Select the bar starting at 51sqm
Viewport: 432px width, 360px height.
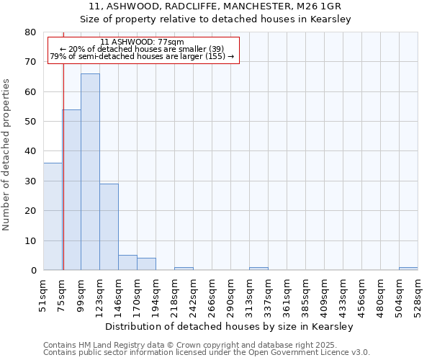(x=53, y=216)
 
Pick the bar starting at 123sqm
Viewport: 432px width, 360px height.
(x=109, y=227)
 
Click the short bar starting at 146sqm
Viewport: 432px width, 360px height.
(x=127, y=263)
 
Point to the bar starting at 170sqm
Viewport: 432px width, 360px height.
(x=146, y=264)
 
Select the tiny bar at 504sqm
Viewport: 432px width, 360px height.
(x=408, y=269)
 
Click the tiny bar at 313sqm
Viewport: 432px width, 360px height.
(x=258, y=269)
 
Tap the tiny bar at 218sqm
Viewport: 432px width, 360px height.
(x=184, y=269)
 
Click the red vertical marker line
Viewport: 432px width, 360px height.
(x=63, y=144)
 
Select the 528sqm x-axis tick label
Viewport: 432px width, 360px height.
(x=418, y=296)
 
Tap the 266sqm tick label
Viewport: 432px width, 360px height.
(x=212, y=296)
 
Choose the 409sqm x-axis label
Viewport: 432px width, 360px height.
(x=324, y=296)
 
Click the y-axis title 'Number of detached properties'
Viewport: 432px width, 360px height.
(x=6, y=151)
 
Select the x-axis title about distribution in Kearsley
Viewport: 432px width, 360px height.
(x=234, y=326)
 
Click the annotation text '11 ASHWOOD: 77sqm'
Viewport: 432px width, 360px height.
(x=143, y=42)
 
